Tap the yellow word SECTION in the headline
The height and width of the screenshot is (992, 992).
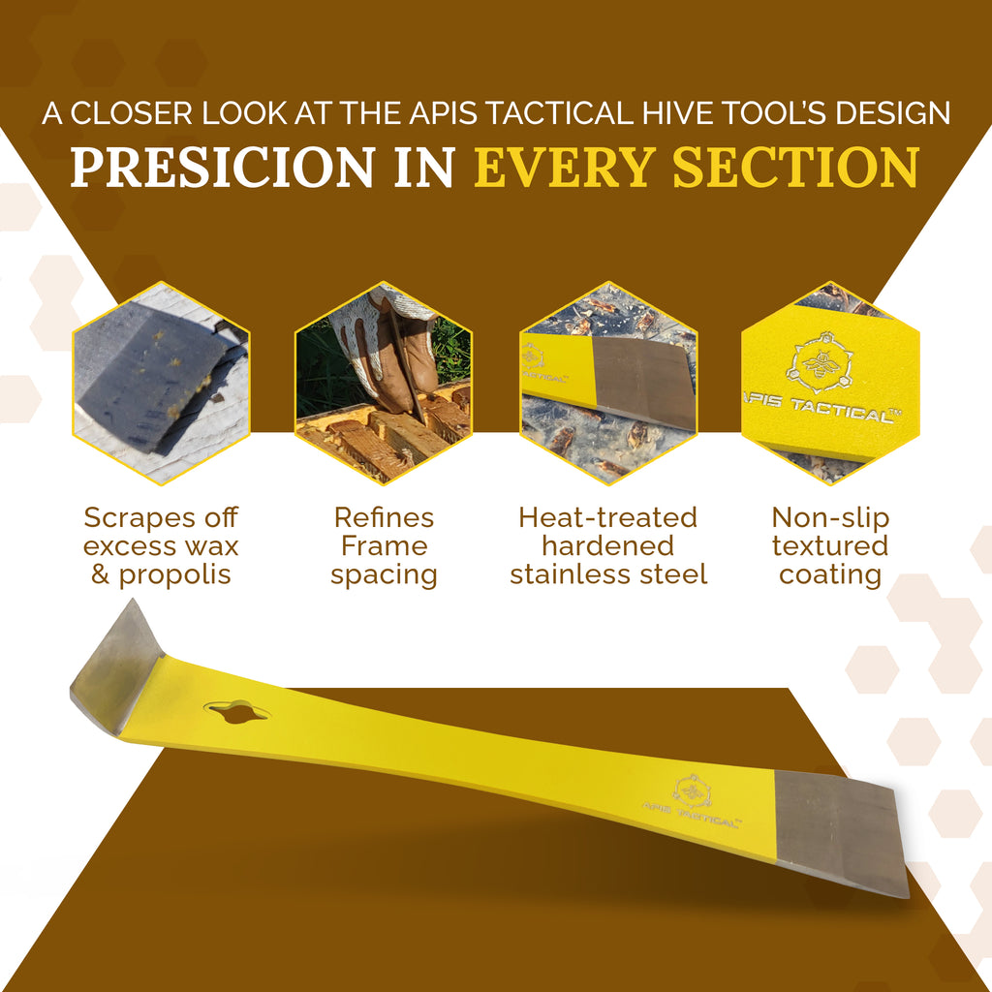pos(795,168)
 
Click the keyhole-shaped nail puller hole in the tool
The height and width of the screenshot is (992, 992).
pos(236,712)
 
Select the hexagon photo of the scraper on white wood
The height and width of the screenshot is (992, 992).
pos(161,382)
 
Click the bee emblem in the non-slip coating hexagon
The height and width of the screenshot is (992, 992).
pos(819,363)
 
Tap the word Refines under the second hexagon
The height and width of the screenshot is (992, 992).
pos(384,517)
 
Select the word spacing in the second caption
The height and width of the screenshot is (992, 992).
pos(384,574)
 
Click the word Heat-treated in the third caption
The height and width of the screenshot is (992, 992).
pos(607,517)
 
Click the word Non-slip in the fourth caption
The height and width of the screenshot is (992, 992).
pos(830,517)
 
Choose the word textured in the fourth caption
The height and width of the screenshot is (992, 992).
pos(830,545)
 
